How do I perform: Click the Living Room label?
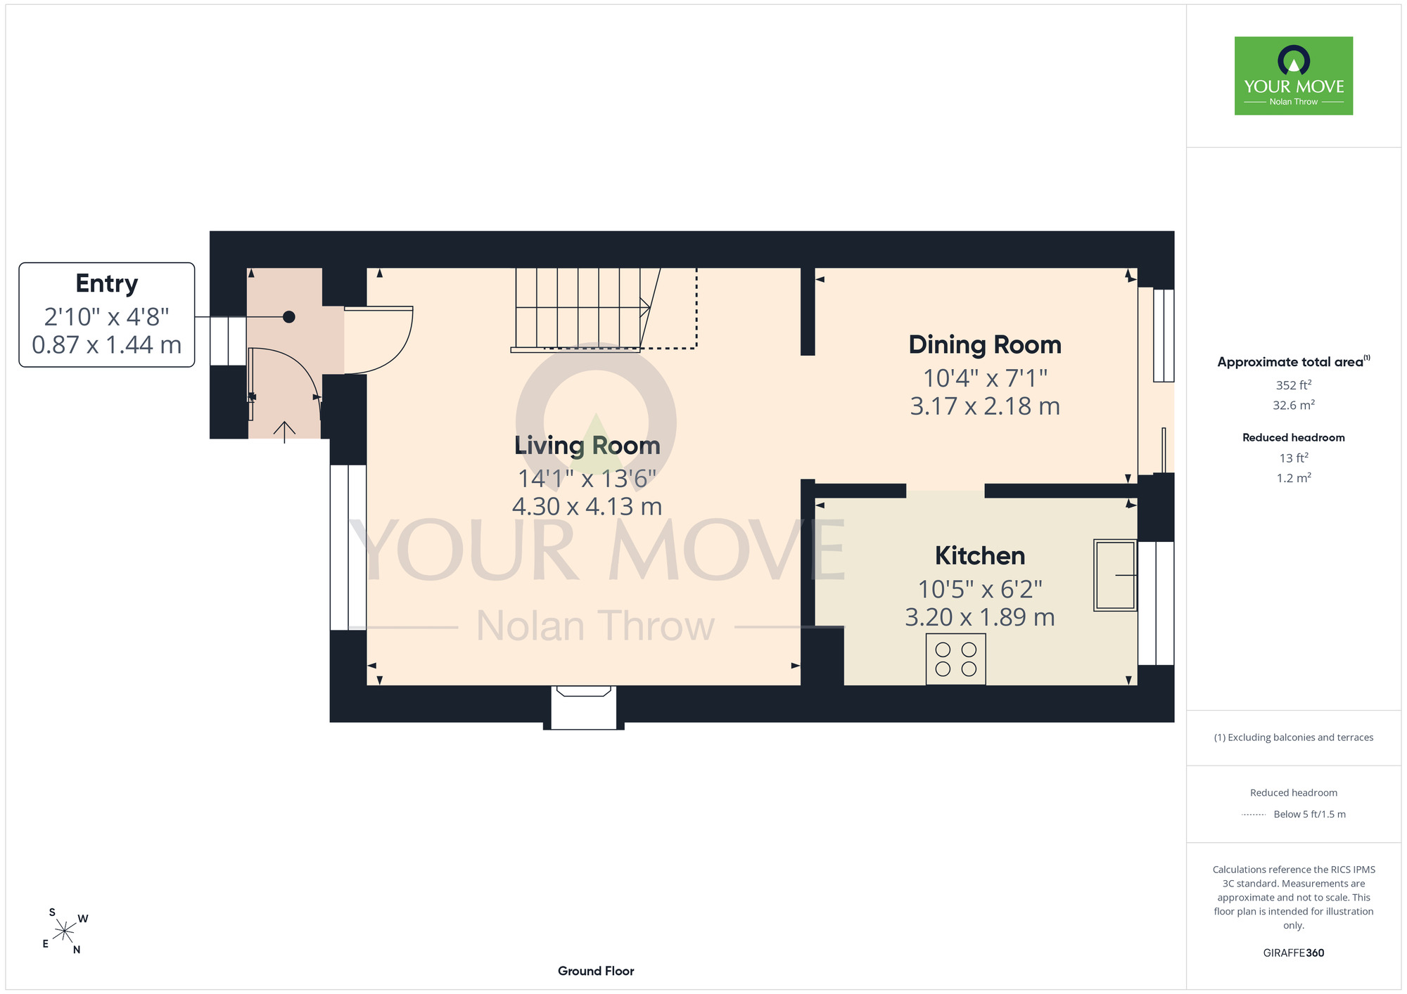[x=587, y=446]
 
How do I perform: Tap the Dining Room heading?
[x=985, y=344]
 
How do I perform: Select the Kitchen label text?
[x=980, y=555]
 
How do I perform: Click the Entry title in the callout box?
[x=107, y=283]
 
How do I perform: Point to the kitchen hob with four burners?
[x=956, y=659]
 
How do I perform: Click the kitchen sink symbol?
[x=1115, y=575]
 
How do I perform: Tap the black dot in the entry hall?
[x=289, y=317]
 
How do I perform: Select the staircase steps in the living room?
[x=584, y=309]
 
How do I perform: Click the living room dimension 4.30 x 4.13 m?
[x=587, y=506]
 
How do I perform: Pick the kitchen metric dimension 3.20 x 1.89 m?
[x=980, y=617]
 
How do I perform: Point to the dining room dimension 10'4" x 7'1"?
[x=985, y=378]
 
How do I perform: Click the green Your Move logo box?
[x=1294, y=76]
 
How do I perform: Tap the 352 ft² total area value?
[x=1294, y=385]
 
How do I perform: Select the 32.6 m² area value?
[x=1294, y=405]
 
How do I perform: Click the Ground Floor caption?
[x=596, y=971]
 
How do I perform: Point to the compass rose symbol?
[x=65, y=931]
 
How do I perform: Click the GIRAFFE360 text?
[x=1294, y=953]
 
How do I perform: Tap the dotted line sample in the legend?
[x=1254, y=815]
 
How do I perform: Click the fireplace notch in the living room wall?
[x=584, y=707]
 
